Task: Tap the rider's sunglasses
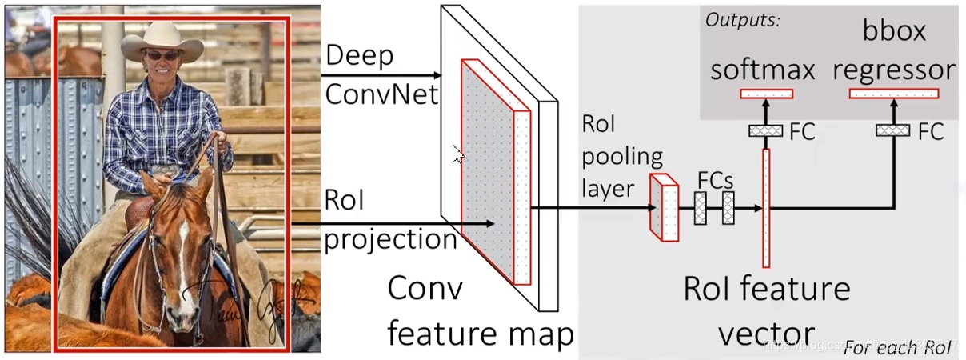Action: click(162, 56)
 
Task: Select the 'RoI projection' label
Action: click(389, 220)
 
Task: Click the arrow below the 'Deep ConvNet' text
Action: click(381, 76)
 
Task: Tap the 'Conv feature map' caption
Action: click(480, 312)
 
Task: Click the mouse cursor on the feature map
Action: click(457, 154)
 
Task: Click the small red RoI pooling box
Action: click(665, 208)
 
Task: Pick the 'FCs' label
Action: click(715, 179)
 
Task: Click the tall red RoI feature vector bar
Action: click(766, 208)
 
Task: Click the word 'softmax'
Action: click(763, 70)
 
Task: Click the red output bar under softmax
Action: click(766, 94)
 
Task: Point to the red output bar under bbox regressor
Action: click(893, 94)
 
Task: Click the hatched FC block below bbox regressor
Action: click(893, 130)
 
